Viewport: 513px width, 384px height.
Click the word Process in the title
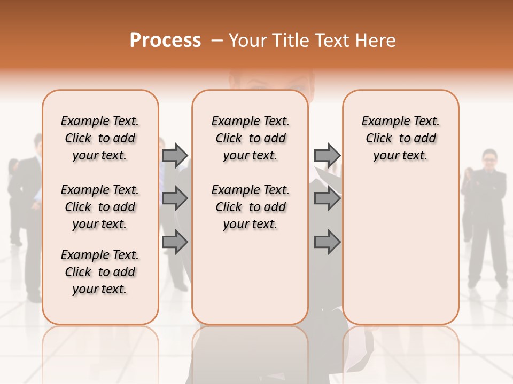point(165,41)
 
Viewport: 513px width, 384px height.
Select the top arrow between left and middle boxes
point(175,155)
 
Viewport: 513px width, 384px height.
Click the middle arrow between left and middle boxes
point(175,199)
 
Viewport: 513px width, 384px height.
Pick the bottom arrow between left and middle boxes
point(175,242)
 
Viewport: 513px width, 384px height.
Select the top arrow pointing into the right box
point(327,155)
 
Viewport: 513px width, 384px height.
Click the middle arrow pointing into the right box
point(327,199)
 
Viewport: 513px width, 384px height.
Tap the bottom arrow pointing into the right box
point(327,242)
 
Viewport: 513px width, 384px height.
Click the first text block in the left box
point(100,138)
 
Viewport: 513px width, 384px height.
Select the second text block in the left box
point(100,207)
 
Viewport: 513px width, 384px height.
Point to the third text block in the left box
point(100,272)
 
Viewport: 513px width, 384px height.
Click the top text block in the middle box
point(250,138)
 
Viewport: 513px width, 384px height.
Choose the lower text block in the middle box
point(250,207)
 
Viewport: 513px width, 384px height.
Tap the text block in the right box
point(400,138)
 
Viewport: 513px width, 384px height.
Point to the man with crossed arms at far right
point(487,213)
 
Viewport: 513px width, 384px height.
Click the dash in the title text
point(217,41)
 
